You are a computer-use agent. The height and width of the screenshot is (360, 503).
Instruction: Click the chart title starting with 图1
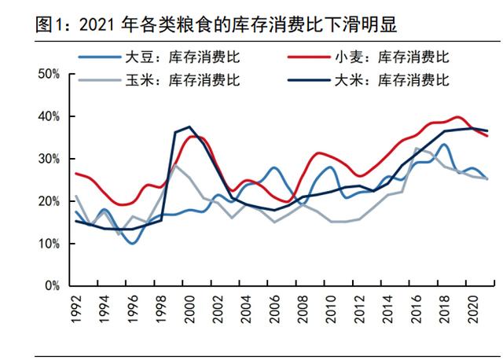click(216, 24)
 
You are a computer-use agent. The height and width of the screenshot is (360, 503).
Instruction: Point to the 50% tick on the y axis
click(50, 74)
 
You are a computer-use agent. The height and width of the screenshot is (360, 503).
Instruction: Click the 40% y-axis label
click(50, 116)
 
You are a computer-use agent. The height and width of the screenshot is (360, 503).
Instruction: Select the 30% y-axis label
click(50, 159)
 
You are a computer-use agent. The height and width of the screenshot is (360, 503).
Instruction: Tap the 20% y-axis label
click(50, 201)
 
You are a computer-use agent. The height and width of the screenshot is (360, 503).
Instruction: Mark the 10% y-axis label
click(50, 244)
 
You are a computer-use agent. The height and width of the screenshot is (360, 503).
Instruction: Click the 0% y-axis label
click(53, 286)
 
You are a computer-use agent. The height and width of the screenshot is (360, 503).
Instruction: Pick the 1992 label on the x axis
click(76, 308)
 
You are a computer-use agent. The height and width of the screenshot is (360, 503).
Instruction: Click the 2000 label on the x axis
click(189, 308)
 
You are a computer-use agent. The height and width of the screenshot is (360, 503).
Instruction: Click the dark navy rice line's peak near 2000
click(189, 127)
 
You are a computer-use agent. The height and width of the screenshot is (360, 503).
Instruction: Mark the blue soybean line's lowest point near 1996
click(133, 243)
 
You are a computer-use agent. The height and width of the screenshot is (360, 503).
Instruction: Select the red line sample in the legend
click(308, 57)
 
